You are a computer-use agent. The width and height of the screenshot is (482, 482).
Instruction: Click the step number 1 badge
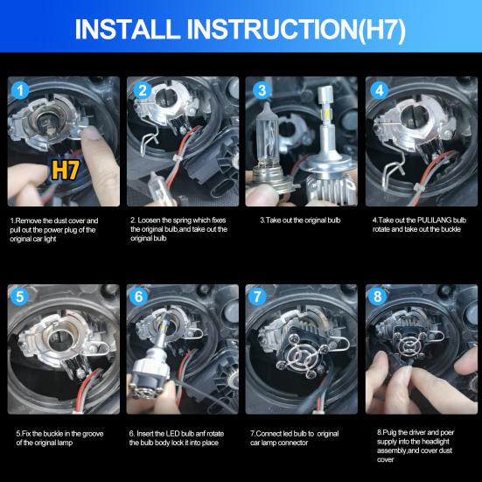pyautogui.click(x=22, y=90)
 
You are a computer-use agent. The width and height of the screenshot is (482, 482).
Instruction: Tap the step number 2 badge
pyautogui.click(x=142, y=90)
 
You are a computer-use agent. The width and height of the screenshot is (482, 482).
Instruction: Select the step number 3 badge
pyautogui.click(x=261, y=90)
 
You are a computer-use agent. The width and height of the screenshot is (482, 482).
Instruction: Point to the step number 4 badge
pyautogui.click(x=379, y=90)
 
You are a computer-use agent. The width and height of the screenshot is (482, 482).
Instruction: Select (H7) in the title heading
pyautogui.click(x=375, y=30)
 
